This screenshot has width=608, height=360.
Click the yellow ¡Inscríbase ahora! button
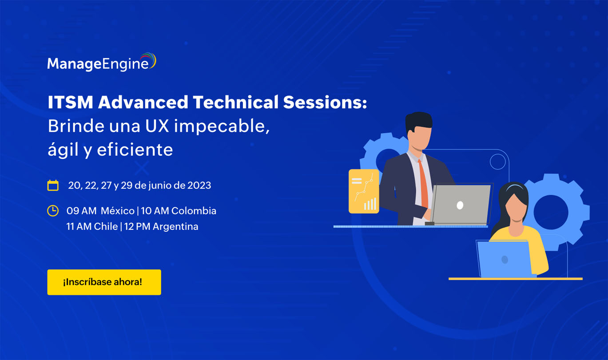(x=104, y=282)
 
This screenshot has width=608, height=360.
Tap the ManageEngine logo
(x=102, y=63)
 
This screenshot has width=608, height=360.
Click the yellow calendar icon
(x=53, y=185)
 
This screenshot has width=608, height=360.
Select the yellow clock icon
(x=53, y=210)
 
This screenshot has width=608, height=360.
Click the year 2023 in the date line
(x=199, y=185)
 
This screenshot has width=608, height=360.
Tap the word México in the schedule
(x=117, y=210)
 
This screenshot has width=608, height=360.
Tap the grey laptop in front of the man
(x=461, y=205)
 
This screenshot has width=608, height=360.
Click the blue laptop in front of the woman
(x=504, y=259)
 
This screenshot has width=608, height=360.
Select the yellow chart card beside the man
(x=364, y=191)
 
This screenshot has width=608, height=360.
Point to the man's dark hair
(x=418, y=120)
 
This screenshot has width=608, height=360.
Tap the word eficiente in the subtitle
(x=135, y=150)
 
